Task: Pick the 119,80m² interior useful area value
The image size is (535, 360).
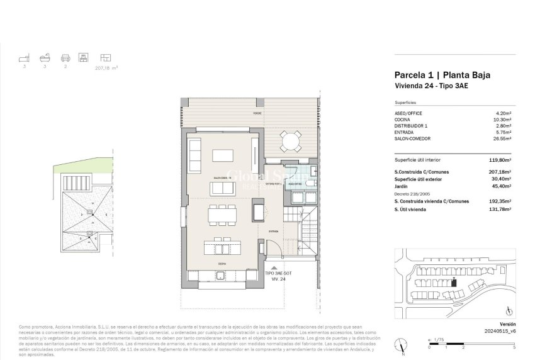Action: [x=500, y=160]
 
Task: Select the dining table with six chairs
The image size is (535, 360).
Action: [x=223, y=214]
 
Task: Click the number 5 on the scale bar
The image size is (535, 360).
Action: [x=514, y=347]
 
